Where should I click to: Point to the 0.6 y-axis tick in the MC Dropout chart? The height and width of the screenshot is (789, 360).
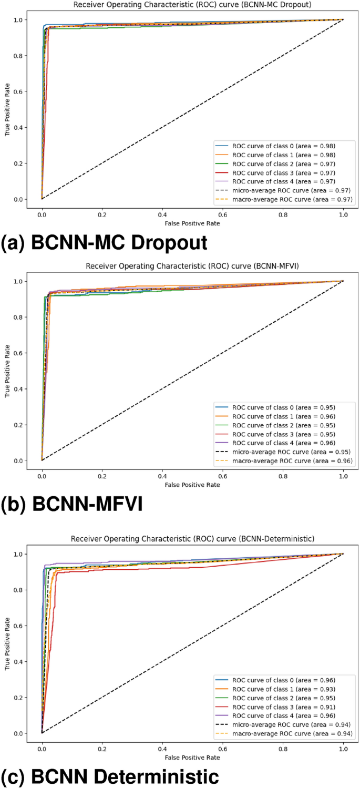click(17, 91)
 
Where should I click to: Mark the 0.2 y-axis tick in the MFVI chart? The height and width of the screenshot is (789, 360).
click(17, 425)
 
